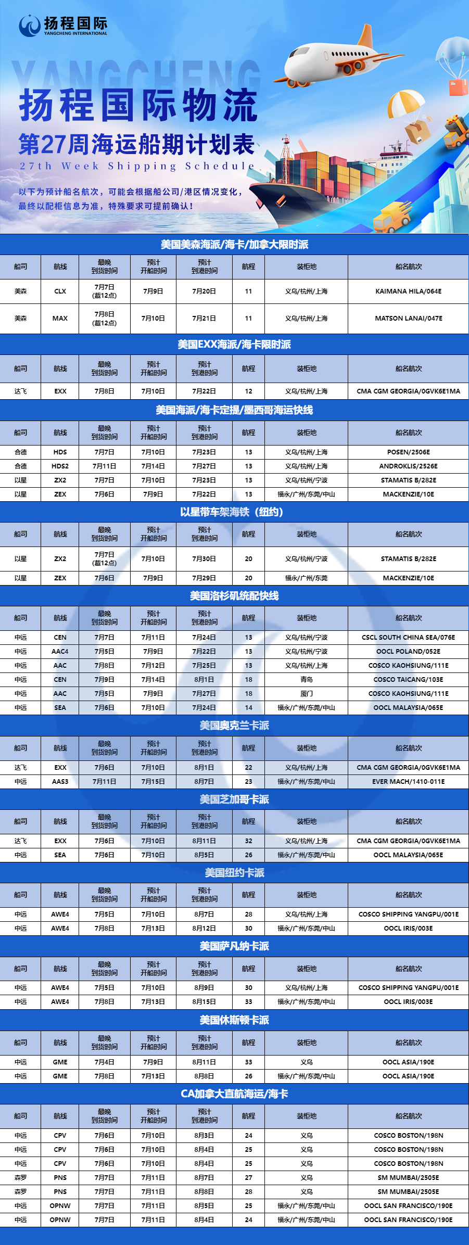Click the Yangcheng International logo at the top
click(62, 25)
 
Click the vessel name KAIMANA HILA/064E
click(408, 291)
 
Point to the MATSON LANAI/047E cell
click(408, 318)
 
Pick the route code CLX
click(60, 291)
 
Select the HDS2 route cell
click(60, 466)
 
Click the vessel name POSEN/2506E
click(408, 452)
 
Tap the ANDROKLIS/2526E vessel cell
click(408, 466)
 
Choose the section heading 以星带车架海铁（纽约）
click(234, 512)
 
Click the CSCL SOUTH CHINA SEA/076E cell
click(408, 638)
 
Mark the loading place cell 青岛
click(307, 680)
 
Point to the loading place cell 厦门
click(307, 694)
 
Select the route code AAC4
click(60, 652)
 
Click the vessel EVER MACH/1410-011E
click(408, 782)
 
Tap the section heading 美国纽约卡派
click(234, 873)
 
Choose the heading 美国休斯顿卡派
click(234, 1020)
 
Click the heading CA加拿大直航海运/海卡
click(234, 1094)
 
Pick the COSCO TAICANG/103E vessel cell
click(408, 680)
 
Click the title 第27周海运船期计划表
click(136, 145)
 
